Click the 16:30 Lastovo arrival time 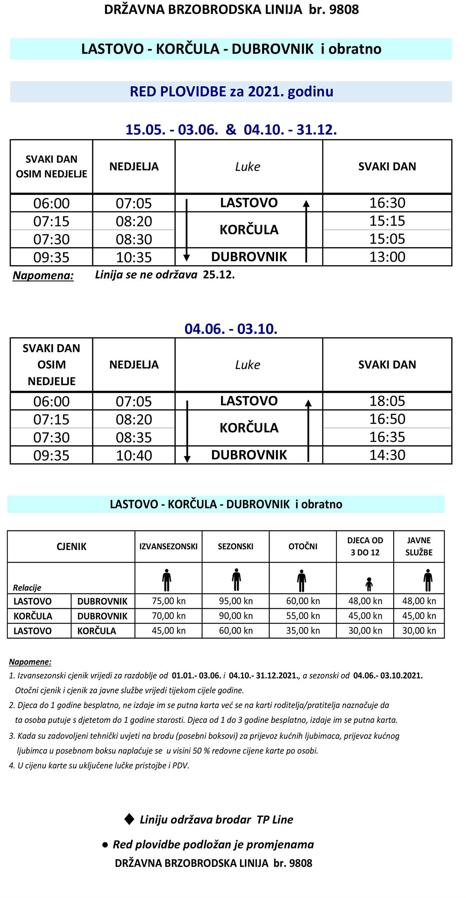tap(387, 203)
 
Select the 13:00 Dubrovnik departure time tap(387, 257)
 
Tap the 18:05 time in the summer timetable tap(387, 401)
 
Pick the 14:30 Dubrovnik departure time tap(387, 455)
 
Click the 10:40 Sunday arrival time tap(134, 455)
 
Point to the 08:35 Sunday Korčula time tap(134, 438)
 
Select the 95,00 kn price tap(236, 601)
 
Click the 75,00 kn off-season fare tap(168, 601)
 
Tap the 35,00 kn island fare tap(303, 630)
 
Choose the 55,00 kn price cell tap(303, 616)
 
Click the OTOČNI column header tap(303, 546)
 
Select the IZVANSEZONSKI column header tap(168, 546)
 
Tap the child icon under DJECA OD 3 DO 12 tap(369, 584)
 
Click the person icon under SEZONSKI tap(236, 579)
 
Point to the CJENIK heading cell tap(71, 546)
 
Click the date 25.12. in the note tap(219, 275)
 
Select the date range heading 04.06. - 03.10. tap(231, 329)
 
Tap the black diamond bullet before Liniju tap(129, 819)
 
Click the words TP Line tap(275, 820)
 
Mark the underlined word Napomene tap(30, 662)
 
